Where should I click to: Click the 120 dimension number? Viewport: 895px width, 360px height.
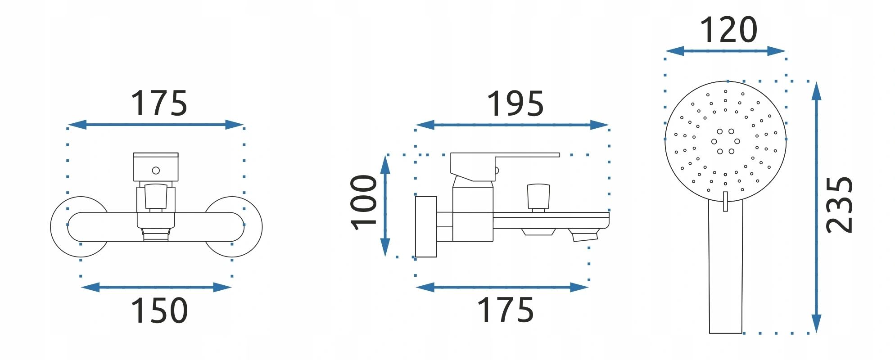click(728, 30)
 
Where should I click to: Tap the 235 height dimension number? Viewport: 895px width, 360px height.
click(840, 205)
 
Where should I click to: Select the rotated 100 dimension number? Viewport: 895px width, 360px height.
click(364, 202)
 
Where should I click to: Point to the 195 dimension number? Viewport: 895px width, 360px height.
click(515, 103)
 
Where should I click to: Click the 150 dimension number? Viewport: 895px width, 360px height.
click(159, 310)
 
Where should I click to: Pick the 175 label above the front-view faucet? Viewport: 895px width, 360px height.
click(158, 103)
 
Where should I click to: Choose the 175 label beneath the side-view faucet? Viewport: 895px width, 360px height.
click(505, 310)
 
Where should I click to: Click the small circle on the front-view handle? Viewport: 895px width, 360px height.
click(156, 171)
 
